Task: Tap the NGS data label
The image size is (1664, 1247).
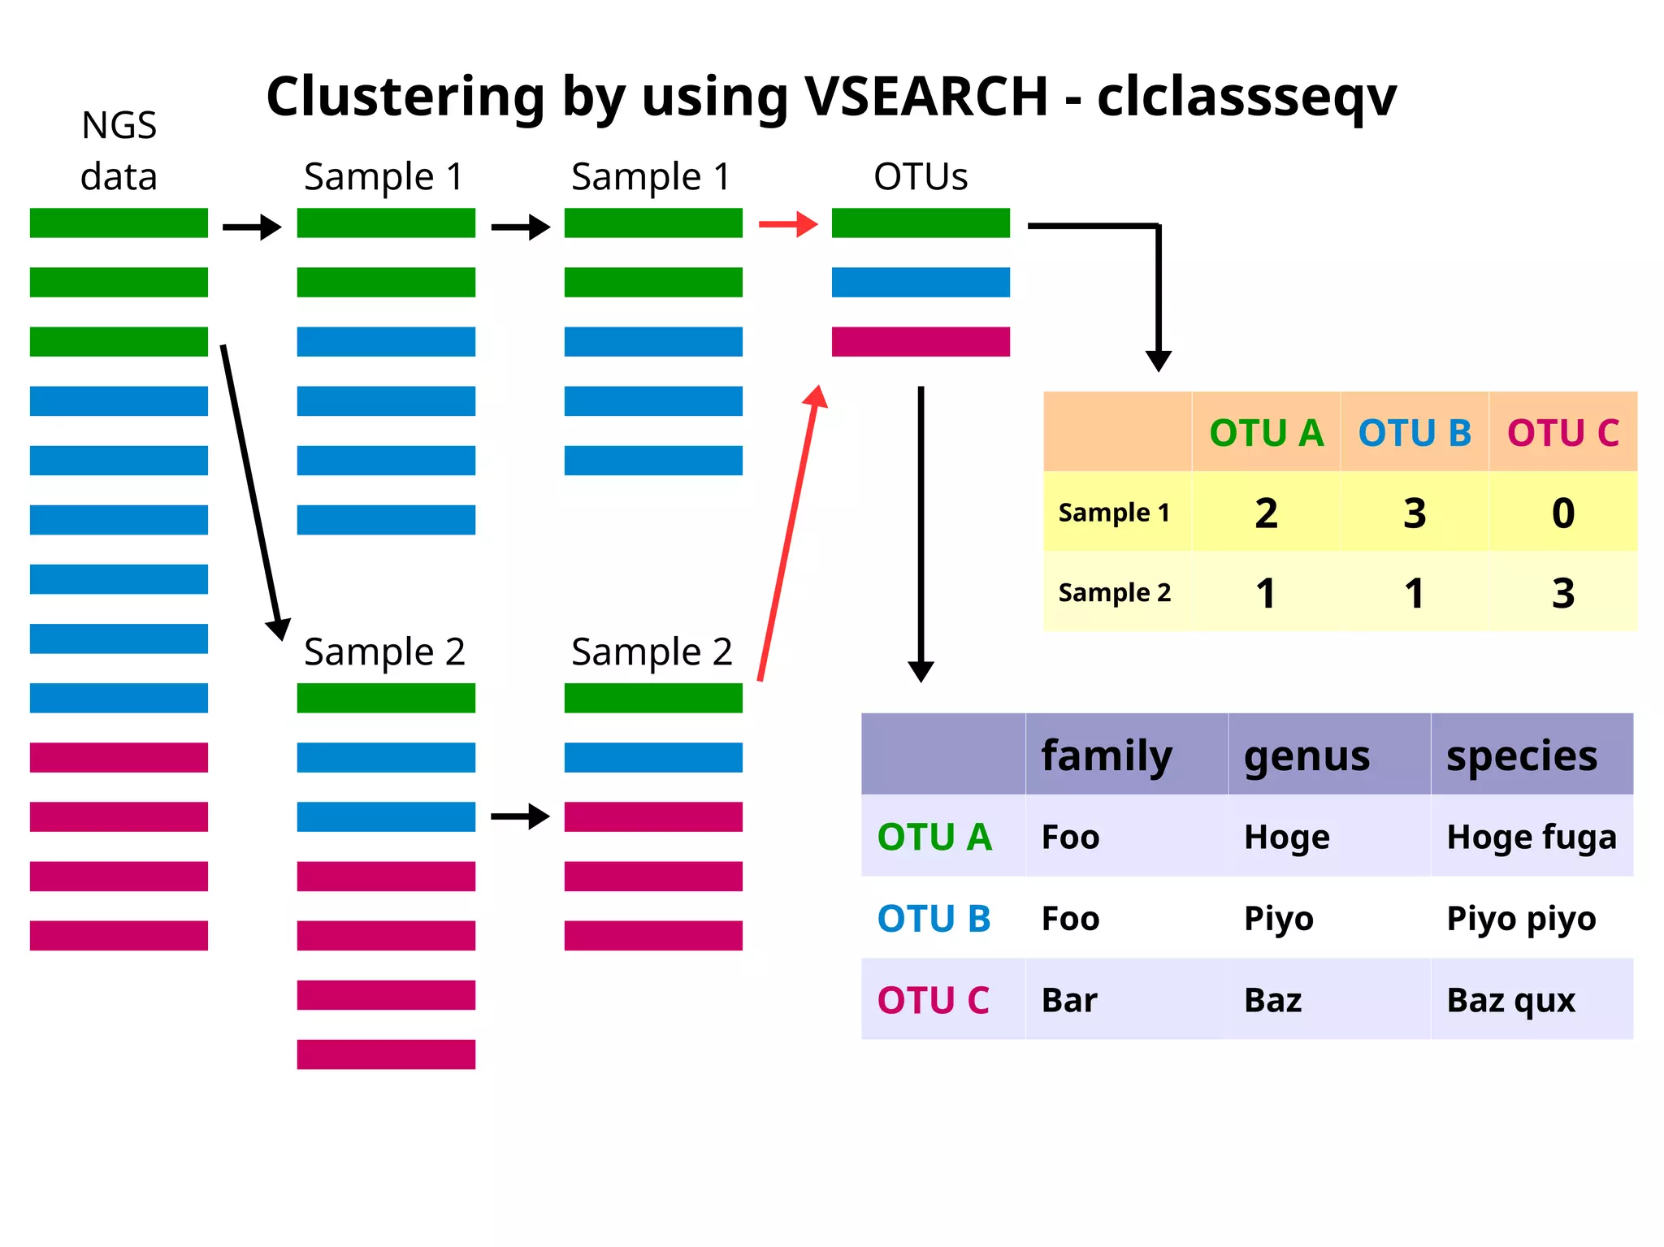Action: [119, 151]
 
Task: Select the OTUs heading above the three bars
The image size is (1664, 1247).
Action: [921, 176]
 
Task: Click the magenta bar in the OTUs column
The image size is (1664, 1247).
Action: [921, 341]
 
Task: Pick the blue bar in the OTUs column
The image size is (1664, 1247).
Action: [921, 282]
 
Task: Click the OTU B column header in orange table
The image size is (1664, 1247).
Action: [1415, 432]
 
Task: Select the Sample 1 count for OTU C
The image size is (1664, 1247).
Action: [1562, 513]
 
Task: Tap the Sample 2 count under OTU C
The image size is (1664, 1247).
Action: [1562, 593]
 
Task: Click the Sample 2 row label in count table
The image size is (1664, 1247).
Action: [1114, 593]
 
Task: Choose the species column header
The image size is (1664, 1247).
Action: [1521, 756]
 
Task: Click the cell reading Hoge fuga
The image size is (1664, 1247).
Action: [1531, 837]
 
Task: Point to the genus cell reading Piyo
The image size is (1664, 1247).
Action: [1278, 919]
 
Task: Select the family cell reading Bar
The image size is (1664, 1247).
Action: [1069, 1000]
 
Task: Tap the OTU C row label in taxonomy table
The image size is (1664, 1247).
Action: [933, 1000]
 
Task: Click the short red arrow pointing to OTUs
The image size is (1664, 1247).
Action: [787, 224]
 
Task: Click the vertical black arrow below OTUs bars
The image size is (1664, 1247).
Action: [921, 532]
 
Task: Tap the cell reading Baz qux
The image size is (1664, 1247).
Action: [1510, 1000]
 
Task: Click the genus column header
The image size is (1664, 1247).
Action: [1306, 756]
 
